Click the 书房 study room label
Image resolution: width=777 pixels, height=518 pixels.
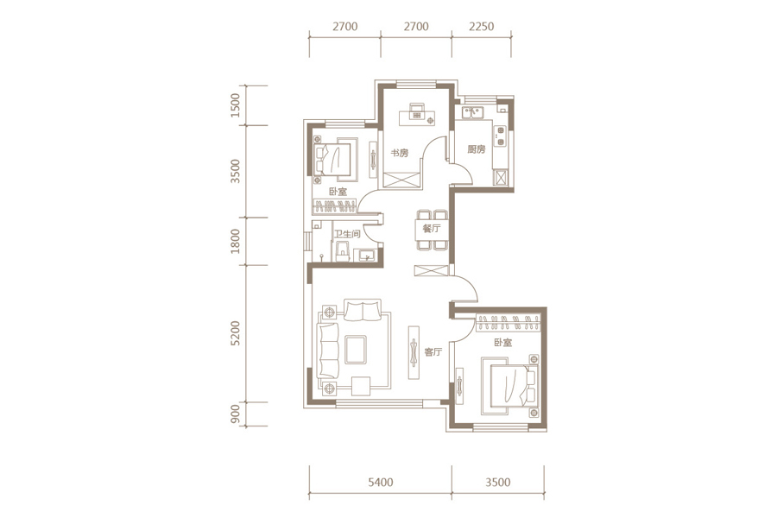399,153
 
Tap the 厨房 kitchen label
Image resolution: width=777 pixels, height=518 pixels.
477,148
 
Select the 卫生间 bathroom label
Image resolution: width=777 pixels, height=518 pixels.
347,233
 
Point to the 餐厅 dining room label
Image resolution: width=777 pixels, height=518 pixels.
432,229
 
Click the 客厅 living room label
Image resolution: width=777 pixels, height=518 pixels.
433,352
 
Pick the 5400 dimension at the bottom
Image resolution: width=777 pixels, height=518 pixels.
381,483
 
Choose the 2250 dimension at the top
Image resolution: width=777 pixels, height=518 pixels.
481,26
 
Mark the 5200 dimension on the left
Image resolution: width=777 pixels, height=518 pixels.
236,333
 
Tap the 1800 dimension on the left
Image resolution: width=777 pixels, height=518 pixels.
236,241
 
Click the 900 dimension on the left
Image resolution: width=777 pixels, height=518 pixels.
236,414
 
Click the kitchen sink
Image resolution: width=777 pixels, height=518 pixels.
473,113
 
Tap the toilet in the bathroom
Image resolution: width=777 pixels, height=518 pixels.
341,252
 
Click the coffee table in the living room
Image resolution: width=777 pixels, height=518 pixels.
355,350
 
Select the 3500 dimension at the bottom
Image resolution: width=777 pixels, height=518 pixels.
497,483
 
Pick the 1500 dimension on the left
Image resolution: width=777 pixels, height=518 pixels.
236,105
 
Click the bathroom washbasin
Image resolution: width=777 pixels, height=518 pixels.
367,255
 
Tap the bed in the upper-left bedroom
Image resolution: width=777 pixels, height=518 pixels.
336,159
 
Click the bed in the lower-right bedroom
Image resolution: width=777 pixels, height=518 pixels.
509,387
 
